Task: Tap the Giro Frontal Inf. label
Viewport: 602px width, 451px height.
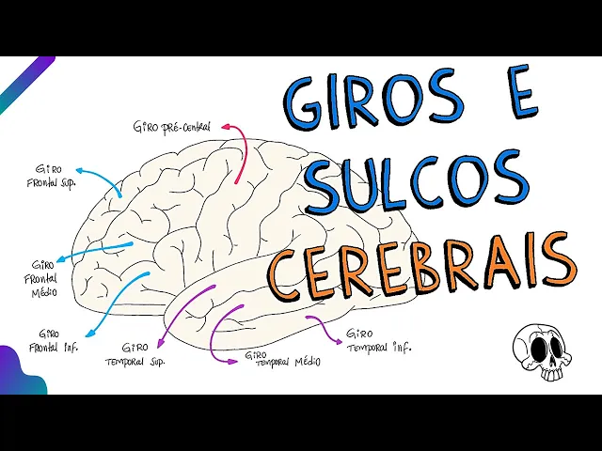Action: click(59, 340)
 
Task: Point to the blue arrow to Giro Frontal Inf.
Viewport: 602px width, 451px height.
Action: click(118, 305)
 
